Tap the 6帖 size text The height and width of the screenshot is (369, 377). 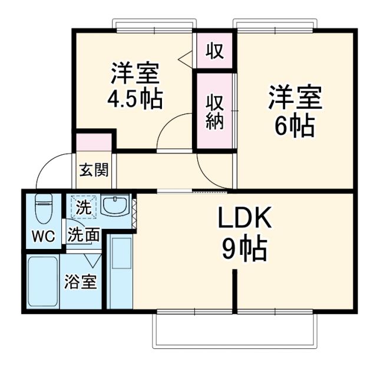(x=295, y=126)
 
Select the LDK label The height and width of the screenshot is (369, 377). (x=245, y=220)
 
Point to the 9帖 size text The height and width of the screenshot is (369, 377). (x=244, y=250)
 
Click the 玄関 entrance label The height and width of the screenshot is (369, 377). (x=94, y=171)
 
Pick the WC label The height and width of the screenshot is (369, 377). (x=43, y=236)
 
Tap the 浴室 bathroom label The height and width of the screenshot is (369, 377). (x=81, y=281)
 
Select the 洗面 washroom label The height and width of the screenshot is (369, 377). (x=82, y=235)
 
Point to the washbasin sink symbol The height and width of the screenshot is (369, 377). (x=114, y=205)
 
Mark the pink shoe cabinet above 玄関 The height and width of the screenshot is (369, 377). (x=94, y=143)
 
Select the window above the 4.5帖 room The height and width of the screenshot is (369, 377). (x=154, y=26)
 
